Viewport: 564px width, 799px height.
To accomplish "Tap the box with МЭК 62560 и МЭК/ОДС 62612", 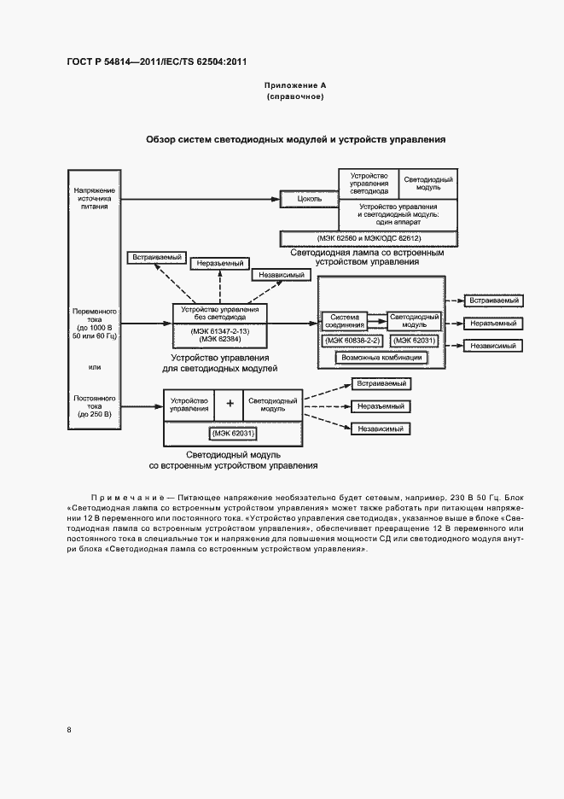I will pos(369,238).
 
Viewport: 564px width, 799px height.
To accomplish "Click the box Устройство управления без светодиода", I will pos(221,312).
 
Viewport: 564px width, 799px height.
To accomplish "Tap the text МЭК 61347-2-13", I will pos(221,330).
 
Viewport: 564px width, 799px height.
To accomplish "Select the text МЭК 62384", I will pos(221,339).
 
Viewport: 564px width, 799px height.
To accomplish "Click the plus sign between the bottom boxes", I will pos(229,405).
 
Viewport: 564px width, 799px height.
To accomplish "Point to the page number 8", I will pos(69,729).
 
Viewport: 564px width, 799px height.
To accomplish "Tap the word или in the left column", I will pos(95,368).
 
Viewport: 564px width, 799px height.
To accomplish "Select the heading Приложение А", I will pos(295,86).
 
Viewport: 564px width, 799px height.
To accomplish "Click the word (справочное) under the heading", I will pos(295,97).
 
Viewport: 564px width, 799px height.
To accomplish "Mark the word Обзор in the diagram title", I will pos(161,138).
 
